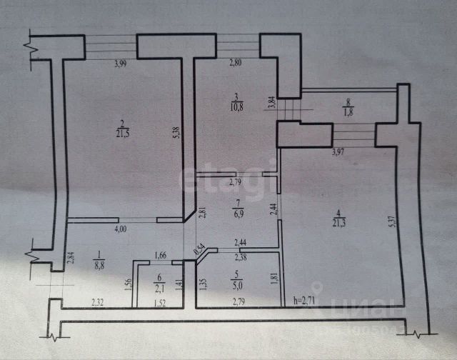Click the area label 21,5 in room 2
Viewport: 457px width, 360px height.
coord(122,131)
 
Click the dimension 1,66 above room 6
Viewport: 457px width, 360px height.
coord(161,255)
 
